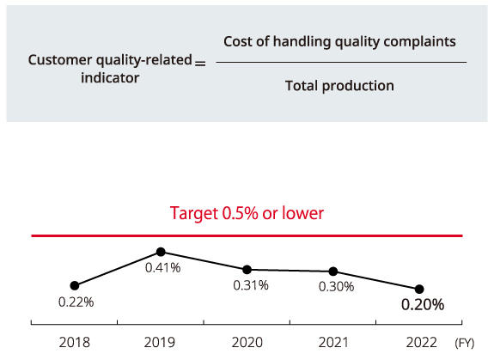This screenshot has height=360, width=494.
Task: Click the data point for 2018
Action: click(x=75, y=285)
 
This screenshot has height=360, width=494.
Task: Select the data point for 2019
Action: click(x=161, y=252)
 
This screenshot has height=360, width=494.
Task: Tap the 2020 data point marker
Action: click(x=247, y=270)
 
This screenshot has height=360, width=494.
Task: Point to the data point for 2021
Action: click(x=333, y=272)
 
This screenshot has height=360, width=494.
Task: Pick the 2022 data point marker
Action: click(x=419, y=289)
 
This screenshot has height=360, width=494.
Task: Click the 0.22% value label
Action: click(x=76, y=302)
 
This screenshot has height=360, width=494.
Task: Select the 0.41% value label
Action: click(x=163, y=268)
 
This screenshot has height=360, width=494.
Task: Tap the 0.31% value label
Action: click(x=251, y=285)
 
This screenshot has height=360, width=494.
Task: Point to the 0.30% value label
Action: click(x=337, y=287)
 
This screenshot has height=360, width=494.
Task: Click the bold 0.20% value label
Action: click(x=423, y=304)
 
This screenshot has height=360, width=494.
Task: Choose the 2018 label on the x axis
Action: click(x=75, y=342)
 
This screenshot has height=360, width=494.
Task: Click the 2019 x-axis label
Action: click(x=160, y=342)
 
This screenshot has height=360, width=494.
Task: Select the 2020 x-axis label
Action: click(x=247, y=342)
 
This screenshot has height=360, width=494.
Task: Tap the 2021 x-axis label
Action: click(x=333, y=342)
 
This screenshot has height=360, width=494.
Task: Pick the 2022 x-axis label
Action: click(x=422, y=342)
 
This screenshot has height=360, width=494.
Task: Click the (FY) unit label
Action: click(x=465, y=343)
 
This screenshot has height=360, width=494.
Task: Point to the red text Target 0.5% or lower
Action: click(x=247, y=213)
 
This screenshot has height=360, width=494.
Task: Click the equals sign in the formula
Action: click(x=200, y=64)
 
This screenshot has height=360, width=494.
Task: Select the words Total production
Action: click(x=339, y=86)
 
